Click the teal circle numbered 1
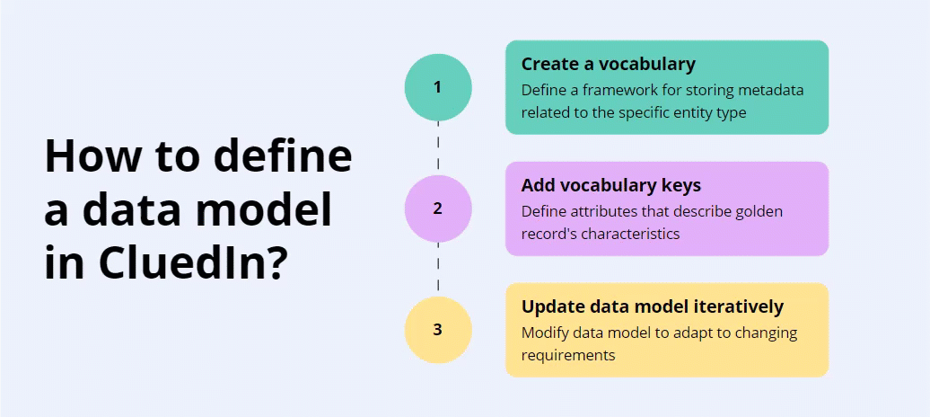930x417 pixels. tap(438, 87)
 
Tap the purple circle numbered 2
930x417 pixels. tap(438, 208)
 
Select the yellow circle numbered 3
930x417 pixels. tap(438, 329)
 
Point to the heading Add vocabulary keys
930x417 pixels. tap(610, 185)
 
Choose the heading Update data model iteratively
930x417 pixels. tap(652, 306)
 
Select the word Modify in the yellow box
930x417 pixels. tap(544, 333)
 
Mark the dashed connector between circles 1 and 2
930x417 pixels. tap(438, 148)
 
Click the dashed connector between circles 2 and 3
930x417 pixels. tap(438, 270)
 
